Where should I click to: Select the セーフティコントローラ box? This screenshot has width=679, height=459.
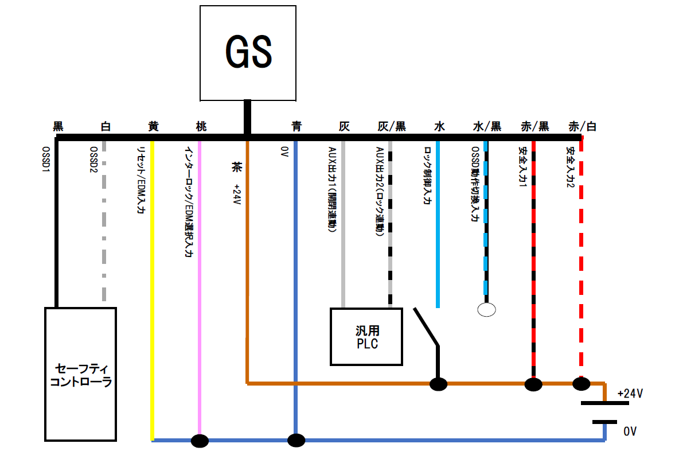pyautogui.click(x=80, y=374)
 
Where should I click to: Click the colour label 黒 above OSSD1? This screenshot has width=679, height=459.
pyautogui.click(x=58, y=126)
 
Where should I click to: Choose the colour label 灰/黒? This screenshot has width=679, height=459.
pyautogui.click(x=392, y=126)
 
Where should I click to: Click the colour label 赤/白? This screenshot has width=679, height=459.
pyautogui.click(x=582, y=126)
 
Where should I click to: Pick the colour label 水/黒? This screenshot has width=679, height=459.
pyautogui.click(x=487, y=126)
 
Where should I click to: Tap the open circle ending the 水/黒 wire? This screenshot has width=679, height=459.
pyautogui.click(x=486, y=310)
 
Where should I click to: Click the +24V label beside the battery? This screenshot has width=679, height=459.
pyautogui.click(x=630, y=394)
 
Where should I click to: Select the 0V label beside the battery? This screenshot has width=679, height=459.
pyautogui.click(x=630, y=431)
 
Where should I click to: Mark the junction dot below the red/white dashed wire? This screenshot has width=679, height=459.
pyautogui.click(x=581, y=383)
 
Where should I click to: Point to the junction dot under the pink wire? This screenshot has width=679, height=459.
pyautogui.click(x=200, y=441)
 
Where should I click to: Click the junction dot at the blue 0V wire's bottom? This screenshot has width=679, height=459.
pyautogui.click(x=296, y=441)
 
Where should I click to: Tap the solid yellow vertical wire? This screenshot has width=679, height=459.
pyautogui.click(x=153, y=287)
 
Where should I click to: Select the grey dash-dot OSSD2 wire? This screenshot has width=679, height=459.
pyautogui.click(x=104, y=229)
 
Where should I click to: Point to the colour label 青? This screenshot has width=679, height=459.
pyautogui.click(x=296, y=126)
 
